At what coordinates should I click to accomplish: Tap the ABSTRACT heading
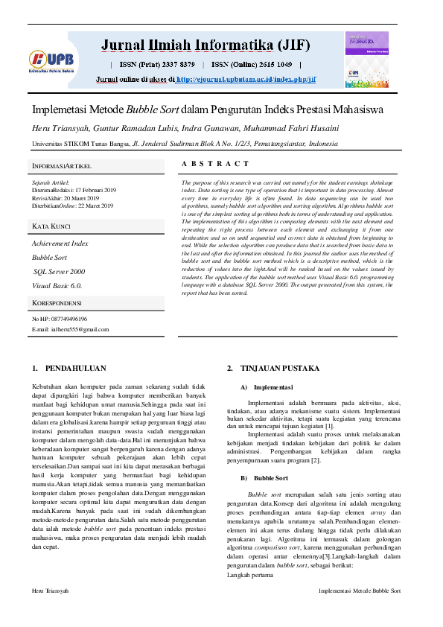coord(215,163)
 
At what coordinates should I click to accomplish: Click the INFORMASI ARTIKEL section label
coord(62,165)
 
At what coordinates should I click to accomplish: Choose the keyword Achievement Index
coord(60,244)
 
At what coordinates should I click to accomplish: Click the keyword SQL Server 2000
coord(59,272)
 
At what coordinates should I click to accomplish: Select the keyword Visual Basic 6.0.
coord(57,285)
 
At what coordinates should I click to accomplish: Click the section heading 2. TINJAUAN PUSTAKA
coord(268,369)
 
